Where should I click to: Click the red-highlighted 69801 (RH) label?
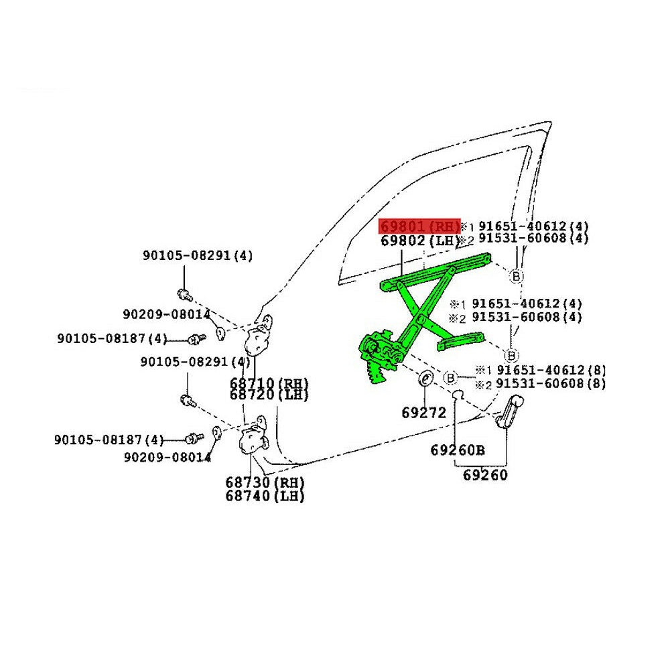[x=419, y=226]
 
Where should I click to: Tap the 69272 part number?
[x=423, y=413]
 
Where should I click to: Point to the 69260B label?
[x=457, y=450]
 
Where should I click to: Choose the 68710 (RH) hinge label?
[x=269, y=384]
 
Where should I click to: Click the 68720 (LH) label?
[x=269, y=395]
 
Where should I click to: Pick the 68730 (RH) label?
[x=265, y=482]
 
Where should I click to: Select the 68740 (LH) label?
[x=265, y=496]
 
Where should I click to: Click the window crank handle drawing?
[x=511, y=411]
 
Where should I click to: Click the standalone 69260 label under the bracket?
[x=485, y=476]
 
